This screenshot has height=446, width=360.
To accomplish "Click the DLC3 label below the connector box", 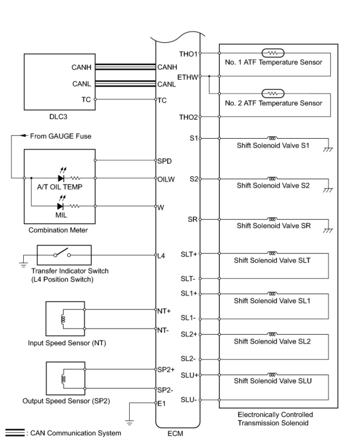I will (58, 117).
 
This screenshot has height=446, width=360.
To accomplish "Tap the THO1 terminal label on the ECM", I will (188, 54).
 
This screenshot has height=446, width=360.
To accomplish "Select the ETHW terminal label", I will (187, 77).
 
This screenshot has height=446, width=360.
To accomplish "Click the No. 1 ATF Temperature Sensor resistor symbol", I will (273, 53).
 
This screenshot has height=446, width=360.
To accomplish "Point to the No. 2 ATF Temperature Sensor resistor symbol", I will (273, 93).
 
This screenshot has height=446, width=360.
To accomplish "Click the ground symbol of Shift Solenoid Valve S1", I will (328, 149).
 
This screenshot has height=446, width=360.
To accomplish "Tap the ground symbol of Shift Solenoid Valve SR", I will (328, 230).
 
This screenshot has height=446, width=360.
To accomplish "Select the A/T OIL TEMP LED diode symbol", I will (61, 178).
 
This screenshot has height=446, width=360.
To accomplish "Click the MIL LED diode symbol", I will (60, 206).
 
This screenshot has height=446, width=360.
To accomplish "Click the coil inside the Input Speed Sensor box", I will (63, 319).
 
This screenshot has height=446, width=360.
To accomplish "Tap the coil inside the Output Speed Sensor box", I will (63, 379).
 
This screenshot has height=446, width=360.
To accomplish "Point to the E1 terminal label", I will (162, 404).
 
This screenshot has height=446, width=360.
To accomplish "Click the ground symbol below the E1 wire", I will (129, 422).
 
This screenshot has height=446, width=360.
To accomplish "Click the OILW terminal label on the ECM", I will (166, 179).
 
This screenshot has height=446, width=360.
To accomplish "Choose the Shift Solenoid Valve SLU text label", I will (273, 381).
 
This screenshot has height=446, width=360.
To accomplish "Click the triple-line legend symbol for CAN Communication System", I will (15, 433).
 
